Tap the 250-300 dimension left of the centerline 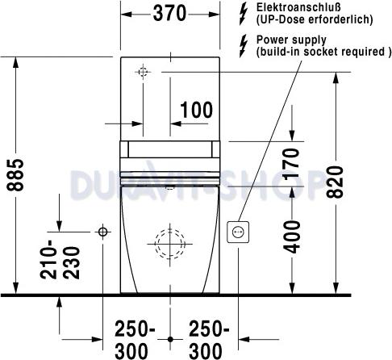click(x=136, y=340)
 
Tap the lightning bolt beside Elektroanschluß click(x=244, y=12)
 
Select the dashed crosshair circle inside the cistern click(x=143, y=73)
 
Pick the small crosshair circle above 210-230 click(x=102, y=232)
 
